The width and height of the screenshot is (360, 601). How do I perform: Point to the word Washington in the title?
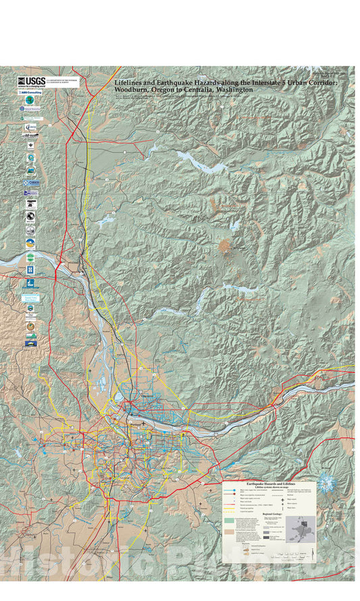click(231, 89)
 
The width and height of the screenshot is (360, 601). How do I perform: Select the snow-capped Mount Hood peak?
click(328, 482)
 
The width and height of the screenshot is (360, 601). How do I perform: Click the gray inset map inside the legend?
click(297, 531)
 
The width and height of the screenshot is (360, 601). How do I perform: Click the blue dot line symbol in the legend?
click(231, 495)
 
